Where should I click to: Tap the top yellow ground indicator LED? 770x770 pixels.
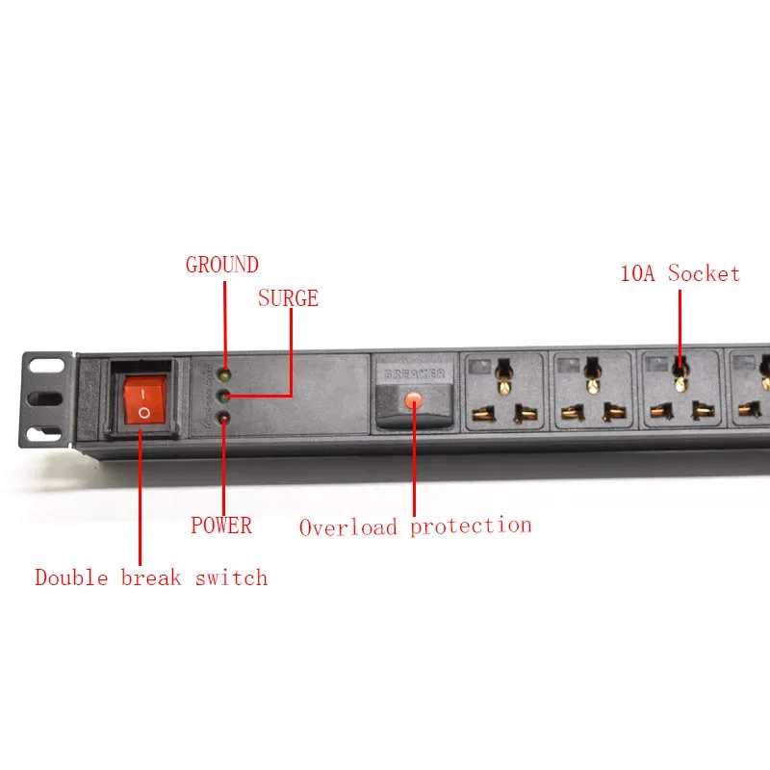223,374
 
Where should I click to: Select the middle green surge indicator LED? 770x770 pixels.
223,396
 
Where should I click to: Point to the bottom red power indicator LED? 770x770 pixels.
223,417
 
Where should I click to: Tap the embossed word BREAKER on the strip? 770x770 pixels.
414,372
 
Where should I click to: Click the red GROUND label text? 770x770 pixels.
222,265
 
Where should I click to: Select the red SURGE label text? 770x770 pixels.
288,298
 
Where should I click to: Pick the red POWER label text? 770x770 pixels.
220,526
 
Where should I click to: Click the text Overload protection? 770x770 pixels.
415,526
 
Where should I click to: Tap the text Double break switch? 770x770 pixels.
151,577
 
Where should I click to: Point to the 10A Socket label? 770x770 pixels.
680,273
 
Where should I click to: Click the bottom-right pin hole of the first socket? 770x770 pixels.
526,415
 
